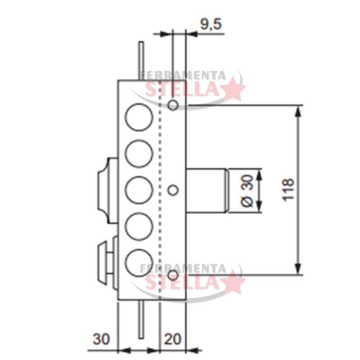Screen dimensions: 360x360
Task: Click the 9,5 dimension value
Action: coord(211,25)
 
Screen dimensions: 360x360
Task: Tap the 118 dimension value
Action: coord(288,190)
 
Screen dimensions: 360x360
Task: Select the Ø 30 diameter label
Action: coord(247,190)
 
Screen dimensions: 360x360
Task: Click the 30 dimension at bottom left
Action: coord(101,339)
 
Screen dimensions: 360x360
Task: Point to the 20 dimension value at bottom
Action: coord(172,339)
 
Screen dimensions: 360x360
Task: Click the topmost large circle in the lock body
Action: coord(139,117)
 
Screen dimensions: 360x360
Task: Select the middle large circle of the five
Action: coord(139,190)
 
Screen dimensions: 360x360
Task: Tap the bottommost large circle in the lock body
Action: coord(139,263)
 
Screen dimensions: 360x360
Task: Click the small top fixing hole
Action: coord(173,105)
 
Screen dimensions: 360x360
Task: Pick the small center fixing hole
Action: coord(173,190)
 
